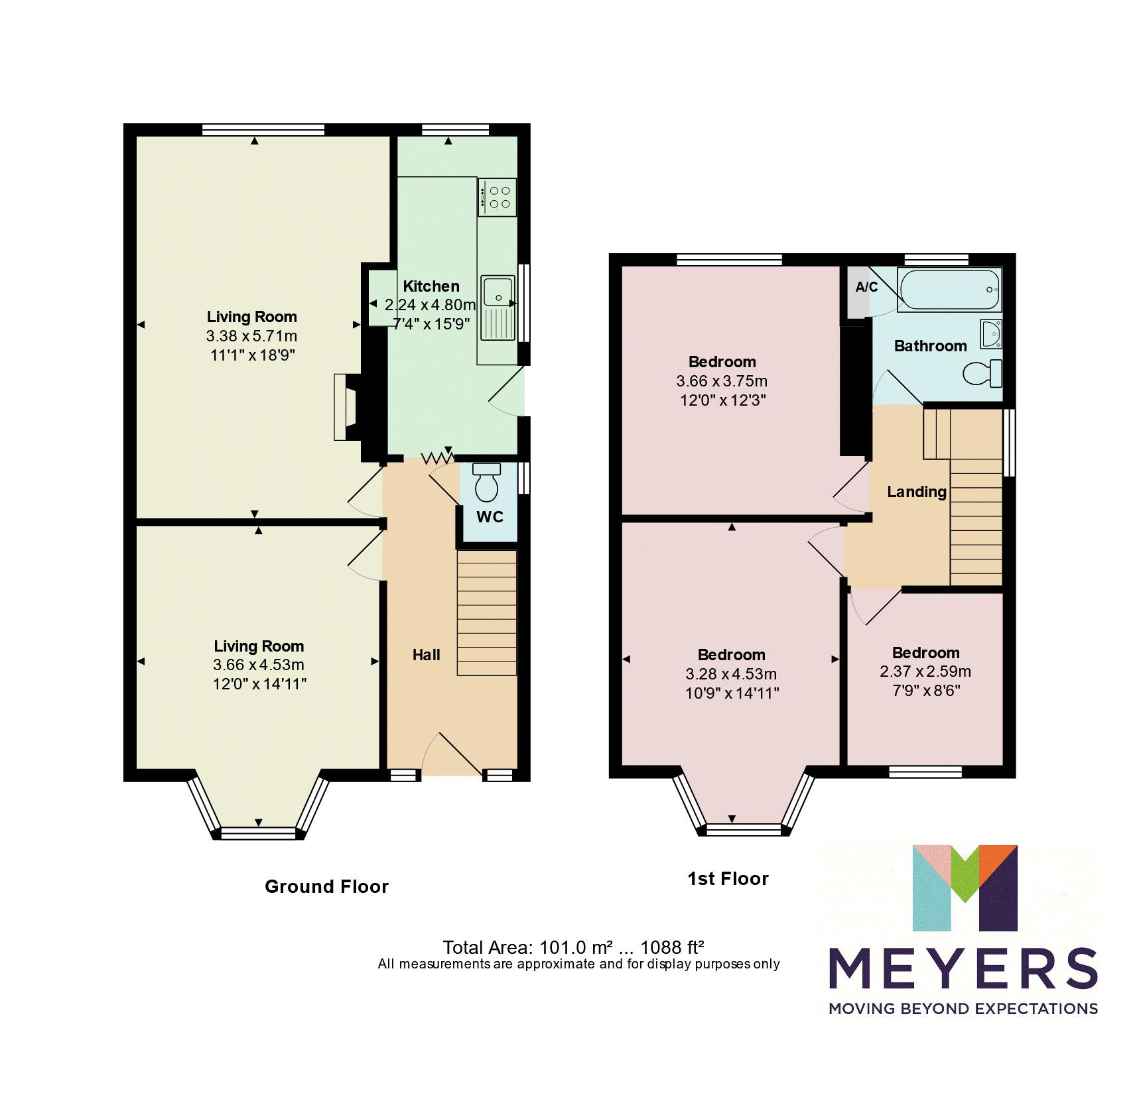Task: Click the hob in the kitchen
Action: point(497,197)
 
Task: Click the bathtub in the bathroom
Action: point(949,290)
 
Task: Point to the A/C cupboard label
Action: point(866,287)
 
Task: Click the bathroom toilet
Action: point(982,373)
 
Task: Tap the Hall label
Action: point(426,655)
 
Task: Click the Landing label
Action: point(916,491)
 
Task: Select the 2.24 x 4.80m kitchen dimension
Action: point(430,305)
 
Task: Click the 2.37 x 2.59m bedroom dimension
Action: point(925,671)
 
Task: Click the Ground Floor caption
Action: point(326,886)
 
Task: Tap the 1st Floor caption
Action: point(728,878)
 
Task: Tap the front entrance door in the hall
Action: point(458,756)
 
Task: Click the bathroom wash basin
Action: point(990,333)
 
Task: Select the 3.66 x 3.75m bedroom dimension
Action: point(722,381)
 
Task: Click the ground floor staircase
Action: point(486,613)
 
